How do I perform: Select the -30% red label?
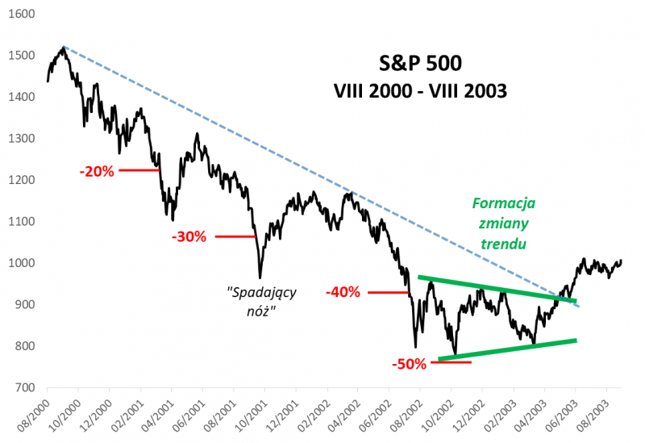(x=189, y=236)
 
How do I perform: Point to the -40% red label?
(x=343, y=292)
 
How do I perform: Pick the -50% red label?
(x=409, y=363)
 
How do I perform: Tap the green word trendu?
(x=505, y=243)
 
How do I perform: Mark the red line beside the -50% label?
(x=450, y=362)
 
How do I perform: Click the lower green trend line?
(x=508, y=349)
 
